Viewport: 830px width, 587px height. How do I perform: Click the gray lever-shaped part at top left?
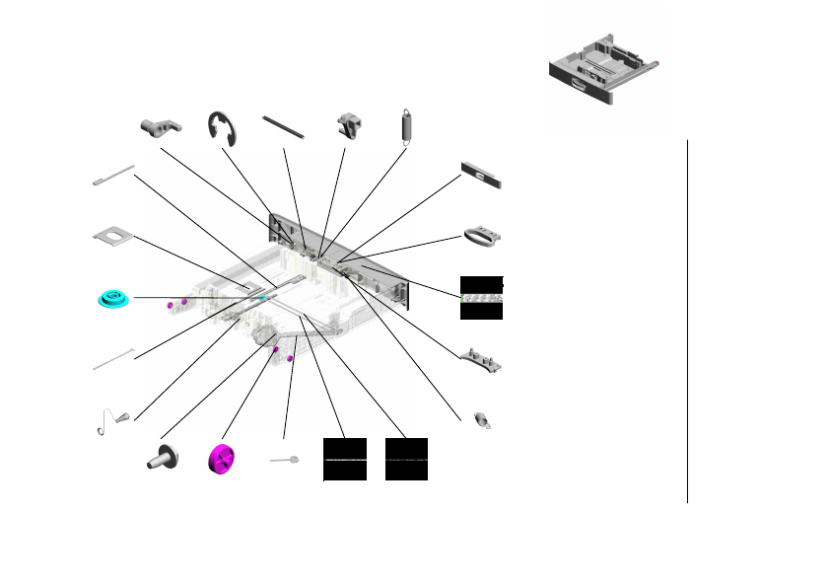(161, 125)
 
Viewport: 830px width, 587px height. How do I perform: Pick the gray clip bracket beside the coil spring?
(350, 124)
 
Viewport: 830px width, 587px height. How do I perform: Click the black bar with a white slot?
(481, 175)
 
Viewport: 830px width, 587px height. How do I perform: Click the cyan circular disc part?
(115, 298)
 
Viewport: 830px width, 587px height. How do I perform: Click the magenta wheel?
(222, 460)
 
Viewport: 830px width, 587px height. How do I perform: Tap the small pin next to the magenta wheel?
(284, 460)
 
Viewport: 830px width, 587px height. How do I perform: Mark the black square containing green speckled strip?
(481, 297)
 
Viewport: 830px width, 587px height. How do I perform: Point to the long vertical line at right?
(687, 321)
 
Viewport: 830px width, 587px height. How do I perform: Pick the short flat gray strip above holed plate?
(112, 176)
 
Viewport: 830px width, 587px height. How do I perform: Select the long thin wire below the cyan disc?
(114, 357)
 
